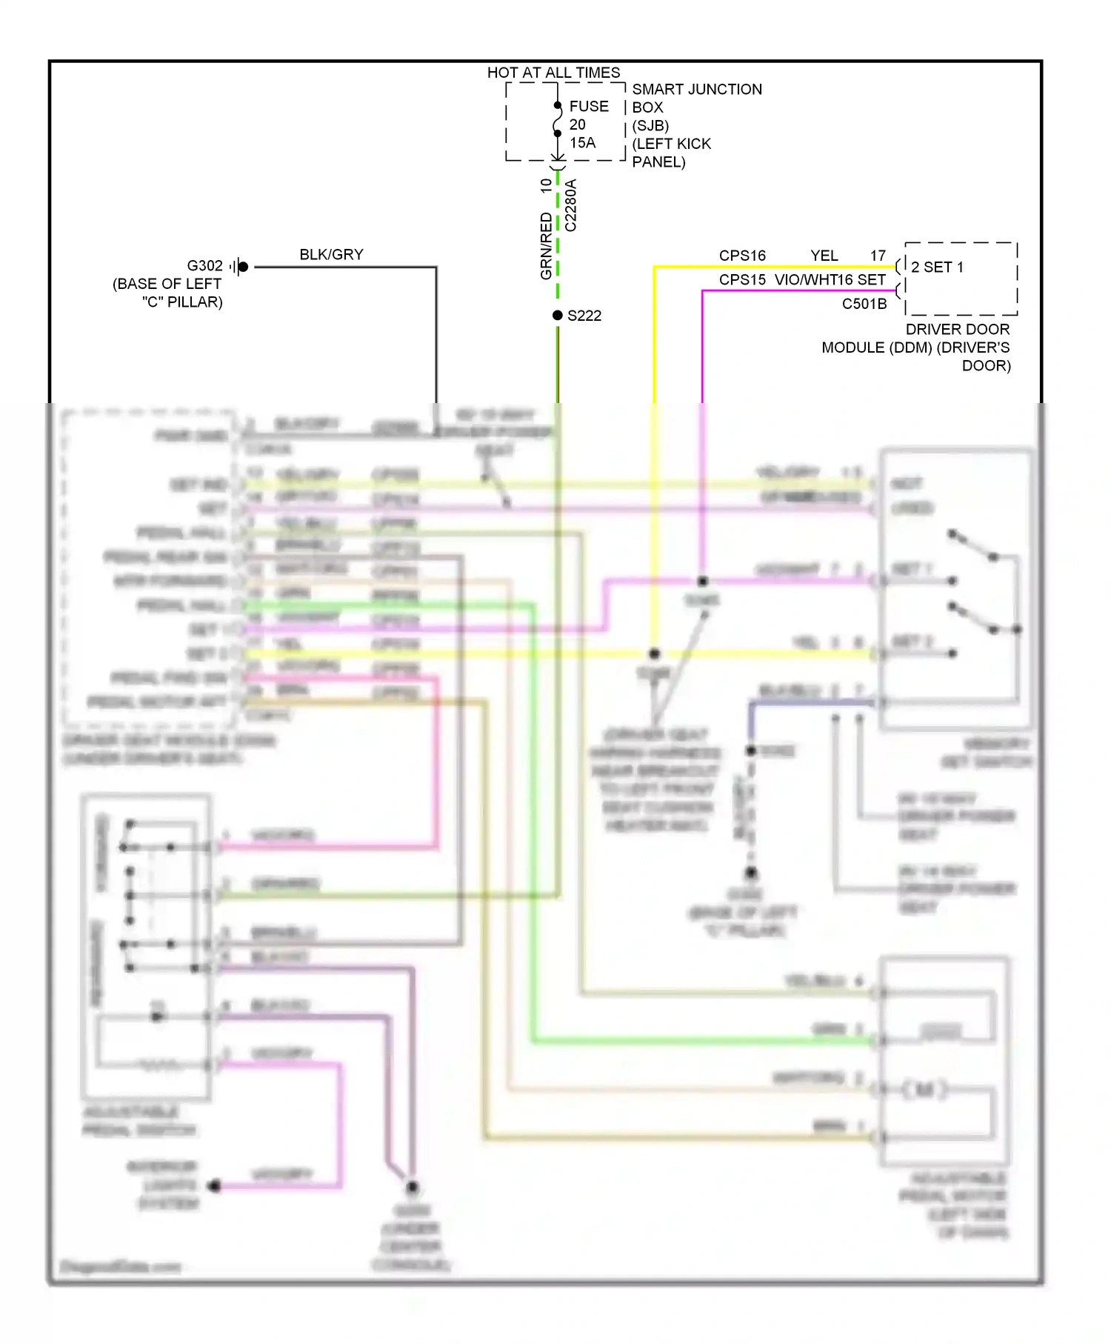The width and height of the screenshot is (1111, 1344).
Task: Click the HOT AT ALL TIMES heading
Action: [x=553, y=73]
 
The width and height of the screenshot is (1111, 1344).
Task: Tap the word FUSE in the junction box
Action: [x=589, y=107]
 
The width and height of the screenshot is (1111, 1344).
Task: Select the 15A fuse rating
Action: [x=582, y=143]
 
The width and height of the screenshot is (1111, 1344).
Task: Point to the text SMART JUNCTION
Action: [x=696, y=90]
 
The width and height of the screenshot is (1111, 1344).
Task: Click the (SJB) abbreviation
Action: [x=650, y=126]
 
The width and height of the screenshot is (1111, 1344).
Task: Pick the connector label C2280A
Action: [x=570, y=205]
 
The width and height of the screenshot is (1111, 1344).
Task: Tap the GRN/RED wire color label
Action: [x=547, y=246]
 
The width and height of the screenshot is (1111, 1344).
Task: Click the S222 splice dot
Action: [x=558, y=316]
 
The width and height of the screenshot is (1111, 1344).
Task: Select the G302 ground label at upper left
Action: [x=204, y=266]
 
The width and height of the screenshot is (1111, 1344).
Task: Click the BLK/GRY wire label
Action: [x=331, y=255]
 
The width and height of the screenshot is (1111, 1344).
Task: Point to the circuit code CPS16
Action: [x=742, y=256]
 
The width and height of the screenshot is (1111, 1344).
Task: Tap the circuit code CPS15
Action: [x=742, y=280]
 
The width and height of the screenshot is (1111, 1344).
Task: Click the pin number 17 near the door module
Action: [x=878, y=256]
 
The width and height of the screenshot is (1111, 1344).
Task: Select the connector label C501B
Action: [x=864, y=304]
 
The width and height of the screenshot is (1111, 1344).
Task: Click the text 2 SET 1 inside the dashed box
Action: [x=937, y=267]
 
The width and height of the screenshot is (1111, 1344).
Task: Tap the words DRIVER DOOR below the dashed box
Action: [x=957, y=329]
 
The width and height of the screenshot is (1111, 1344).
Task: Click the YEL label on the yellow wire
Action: [x=824, y=256]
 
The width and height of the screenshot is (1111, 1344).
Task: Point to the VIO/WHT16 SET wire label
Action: [x=830, y=280]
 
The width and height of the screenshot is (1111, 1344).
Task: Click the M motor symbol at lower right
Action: [x=924, y=1089]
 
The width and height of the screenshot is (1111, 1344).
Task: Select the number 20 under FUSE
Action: [x=578, y=125]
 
